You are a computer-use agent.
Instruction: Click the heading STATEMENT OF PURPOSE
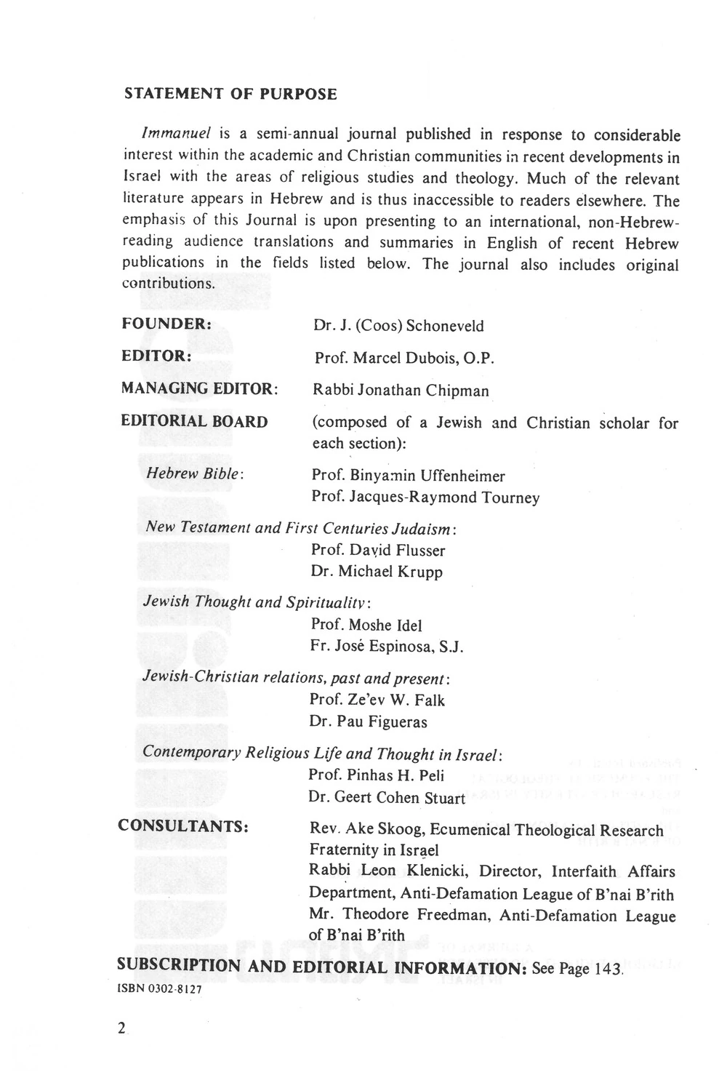[x=230, y=95]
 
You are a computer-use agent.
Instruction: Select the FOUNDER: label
[x=166, y=323]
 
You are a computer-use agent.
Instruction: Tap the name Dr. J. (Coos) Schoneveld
[x=398, y=325]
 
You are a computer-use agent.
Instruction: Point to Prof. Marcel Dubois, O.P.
[x=404, y=359]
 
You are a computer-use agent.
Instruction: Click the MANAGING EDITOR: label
[x=199, y=389]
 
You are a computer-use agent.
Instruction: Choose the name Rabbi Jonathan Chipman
[x=401, y=391]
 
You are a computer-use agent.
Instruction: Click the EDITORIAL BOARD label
[x=194, y=422]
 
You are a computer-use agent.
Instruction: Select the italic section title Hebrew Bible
[x=194, y=473]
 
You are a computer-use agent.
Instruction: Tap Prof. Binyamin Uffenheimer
[x=408, y=476]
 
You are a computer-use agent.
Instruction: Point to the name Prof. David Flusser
[x=378, y=551]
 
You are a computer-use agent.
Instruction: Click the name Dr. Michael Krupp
[x=377, y=572]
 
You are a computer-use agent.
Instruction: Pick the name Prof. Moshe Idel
[x=366, y=626]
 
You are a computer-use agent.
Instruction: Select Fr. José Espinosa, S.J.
[x=387, y=647]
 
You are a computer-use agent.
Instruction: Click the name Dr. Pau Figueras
[x=368, y=722]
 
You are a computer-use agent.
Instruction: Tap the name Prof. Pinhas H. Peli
[x=376, y=775]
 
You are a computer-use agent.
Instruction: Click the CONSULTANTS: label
[x=184, y=826]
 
